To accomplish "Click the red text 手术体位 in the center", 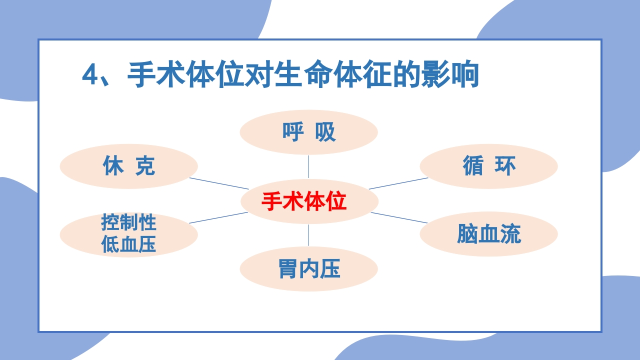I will pos(303,201).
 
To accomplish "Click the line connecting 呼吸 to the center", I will pos(308,166).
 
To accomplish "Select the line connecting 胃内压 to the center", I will pos(308,235).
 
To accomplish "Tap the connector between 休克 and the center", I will pos(218,183).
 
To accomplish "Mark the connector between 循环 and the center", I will pos(398,183).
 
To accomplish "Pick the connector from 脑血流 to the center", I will pos(399,217).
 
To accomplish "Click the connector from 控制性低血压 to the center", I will pos(218,217).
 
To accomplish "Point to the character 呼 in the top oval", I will pos(293,132).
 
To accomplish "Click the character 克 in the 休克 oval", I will pos(145,166).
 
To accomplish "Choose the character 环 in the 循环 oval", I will pos(505,166).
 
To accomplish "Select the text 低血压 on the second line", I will pos(128,244).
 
